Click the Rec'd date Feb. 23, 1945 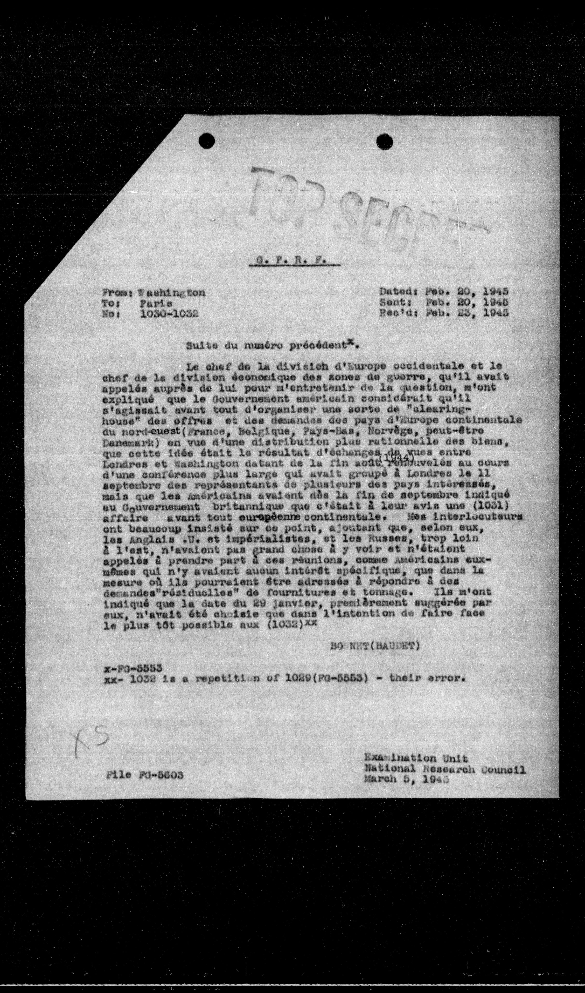pos(467,313)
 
